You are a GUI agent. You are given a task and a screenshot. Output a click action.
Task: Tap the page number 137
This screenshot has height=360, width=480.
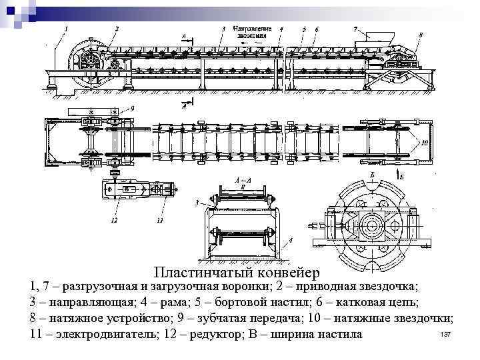click(447, 333)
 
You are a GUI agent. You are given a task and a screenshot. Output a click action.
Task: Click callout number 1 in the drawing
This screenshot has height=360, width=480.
click(66, 28)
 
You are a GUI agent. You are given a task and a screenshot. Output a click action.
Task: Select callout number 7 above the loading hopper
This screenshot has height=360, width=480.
click(355, 29)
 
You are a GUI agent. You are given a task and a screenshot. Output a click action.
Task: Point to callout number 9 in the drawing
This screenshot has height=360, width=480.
click(131, 107)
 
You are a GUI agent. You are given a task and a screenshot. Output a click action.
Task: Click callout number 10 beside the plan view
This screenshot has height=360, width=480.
click(424, 142)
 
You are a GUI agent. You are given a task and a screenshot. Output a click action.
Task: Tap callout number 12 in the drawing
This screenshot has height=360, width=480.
click(115, 219)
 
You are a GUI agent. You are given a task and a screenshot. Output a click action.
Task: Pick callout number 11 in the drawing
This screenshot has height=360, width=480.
click(160, 219)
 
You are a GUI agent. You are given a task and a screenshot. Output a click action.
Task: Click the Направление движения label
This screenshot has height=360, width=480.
click(252, 31)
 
